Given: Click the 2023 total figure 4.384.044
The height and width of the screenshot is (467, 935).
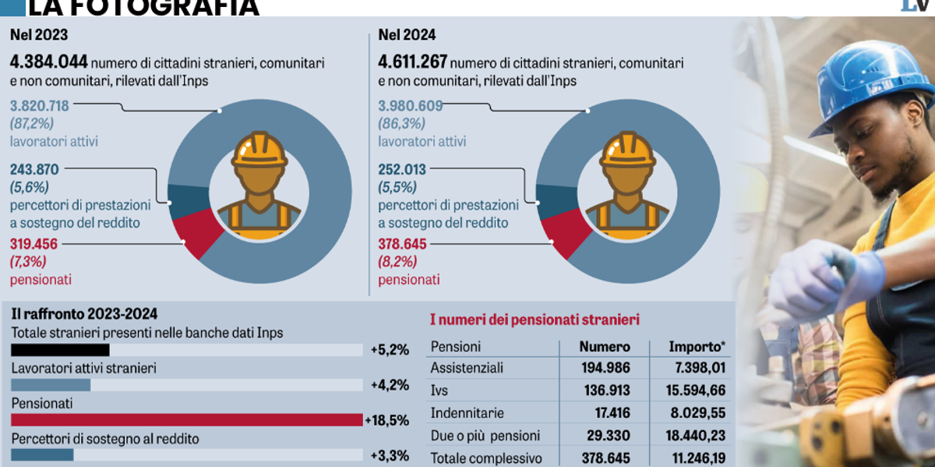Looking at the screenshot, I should pyautogui.click(x=48, y=62).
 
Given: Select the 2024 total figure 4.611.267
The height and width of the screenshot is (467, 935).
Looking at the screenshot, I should pyautogui.click(x=413, y=62).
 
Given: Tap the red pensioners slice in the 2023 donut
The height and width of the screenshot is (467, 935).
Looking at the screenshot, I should pyautogui.click(x=189, y=235).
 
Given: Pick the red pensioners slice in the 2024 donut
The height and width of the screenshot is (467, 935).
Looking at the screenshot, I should pyautogui.click(x=558, y=235).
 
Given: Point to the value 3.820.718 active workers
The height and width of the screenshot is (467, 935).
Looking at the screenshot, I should pyautogui.click(x=41, y=106).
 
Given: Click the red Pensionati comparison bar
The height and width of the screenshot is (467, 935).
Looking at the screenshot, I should pyautogui.click(x=187, y=420).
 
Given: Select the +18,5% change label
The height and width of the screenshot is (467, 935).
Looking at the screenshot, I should pyautogui.click(x=387, y=420).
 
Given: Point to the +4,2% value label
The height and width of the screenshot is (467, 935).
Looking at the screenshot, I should pyautogui.click(x=390, y=385).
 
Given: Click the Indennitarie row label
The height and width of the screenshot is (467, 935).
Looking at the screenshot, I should pyautogui.click(x=467, y=413).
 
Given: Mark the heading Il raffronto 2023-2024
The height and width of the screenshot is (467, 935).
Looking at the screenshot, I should pyautogui.click(x=84, y=314).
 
